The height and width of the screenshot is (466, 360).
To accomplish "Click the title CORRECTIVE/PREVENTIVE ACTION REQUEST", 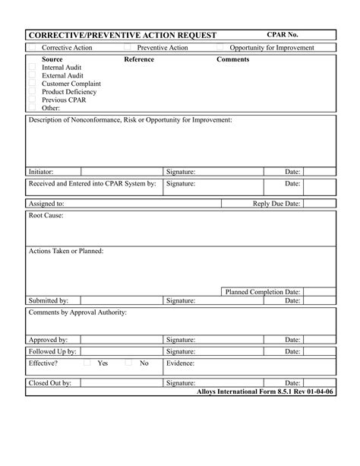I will pos(122,36).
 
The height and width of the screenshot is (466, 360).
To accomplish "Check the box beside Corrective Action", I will pos(32,48).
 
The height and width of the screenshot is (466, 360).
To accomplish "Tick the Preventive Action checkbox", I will pos(127,48).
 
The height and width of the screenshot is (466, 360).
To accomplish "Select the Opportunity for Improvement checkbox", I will pos(220,48).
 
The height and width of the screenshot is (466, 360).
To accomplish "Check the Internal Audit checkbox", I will pos(32,67).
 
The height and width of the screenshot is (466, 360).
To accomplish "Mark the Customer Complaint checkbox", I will pos(32,84).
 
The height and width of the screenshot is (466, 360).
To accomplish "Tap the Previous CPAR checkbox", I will pos(32,100).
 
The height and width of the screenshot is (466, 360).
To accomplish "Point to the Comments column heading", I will pos(232,59).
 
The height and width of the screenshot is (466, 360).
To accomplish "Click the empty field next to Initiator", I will pos(122,172).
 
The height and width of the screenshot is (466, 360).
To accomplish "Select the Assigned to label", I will pos(46,204).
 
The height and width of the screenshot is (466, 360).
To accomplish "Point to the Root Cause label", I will pos(46,216).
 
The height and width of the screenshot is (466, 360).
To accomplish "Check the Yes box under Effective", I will pos(87,363).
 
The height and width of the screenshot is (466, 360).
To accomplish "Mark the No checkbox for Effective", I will pos(128,363).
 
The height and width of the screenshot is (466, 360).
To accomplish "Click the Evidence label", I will pos(183,363).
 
